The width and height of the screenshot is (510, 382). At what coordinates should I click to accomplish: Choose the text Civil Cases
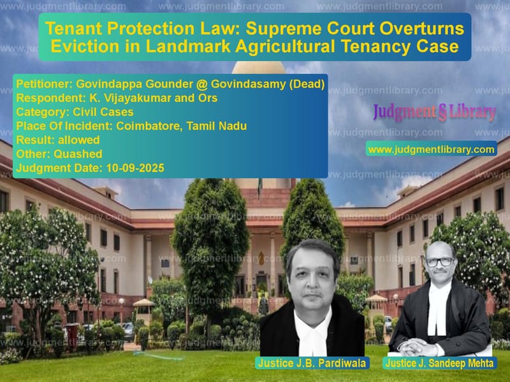coord(103,112)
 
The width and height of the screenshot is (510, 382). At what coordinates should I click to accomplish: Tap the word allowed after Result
coord(78,139)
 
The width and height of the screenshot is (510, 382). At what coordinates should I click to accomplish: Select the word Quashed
coord(78,153)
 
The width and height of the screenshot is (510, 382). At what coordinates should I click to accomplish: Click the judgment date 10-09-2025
coord(135,168)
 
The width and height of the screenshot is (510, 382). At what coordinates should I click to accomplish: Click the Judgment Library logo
coord(435,113)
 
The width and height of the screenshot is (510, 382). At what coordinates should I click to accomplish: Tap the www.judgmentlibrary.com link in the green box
coord(432,150)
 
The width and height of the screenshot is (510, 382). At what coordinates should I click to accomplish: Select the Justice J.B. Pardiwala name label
coord(312,363)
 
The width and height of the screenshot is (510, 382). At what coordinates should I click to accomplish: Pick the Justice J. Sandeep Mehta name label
coord(440,363)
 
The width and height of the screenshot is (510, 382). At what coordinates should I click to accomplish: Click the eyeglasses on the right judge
coord(440,262)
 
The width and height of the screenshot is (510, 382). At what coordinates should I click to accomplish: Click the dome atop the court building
coord(259,67)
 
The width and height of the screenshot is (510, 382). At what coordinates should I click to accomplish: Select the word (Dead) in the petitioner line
coord(307,84)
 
